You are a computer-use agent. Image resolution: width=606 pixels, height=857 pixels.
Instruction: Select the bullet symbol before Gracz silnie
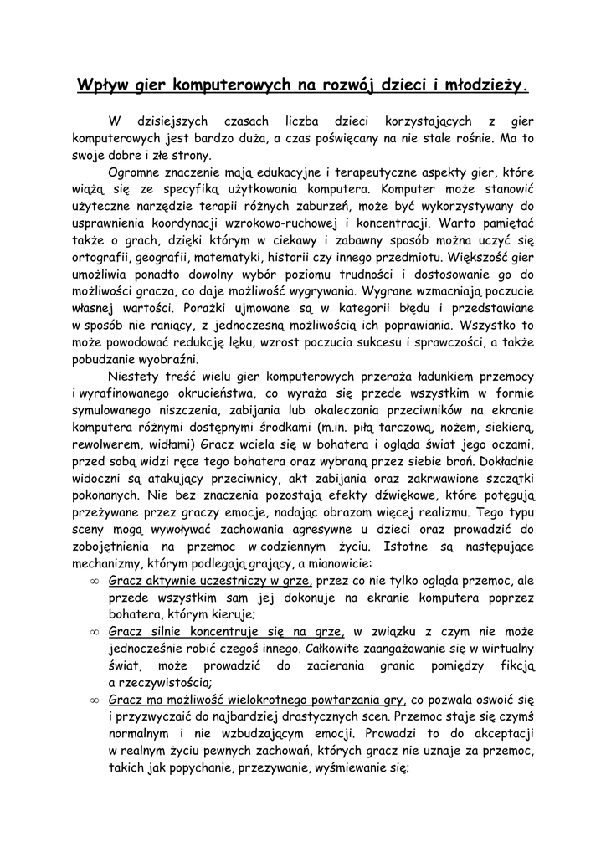point(94,633)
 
